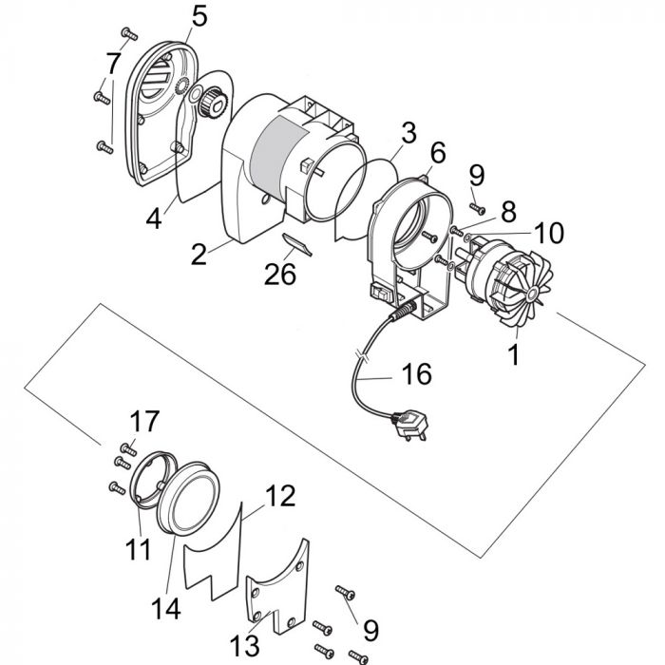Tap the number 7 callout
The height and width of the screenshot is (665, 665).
click(x=113, y=65)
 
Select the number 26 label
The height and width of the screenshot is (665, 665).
click(x=280, y=274)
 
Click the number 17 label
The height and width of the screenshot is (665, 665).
click(x=145, y=421)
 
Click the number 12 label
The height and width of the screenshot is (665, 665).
click(x=279, y=495)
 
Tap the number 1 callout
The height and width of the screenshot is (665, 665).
click(x=514, y=358)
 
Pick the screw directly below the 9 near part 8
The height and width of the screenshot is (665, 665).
click(x=478, y=208)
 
